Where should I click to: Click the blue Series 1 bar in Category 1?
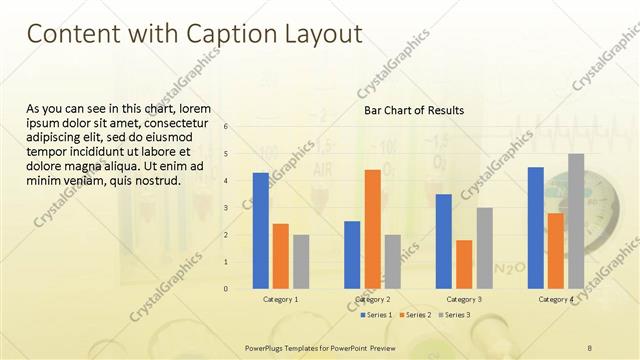[x=260, y=230]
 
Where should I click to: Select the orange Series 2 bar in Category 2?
[x=372, y=229]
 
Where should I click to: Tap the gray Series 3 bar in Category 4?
[x=576, y=221]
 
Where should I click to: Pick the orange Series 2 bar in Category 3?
[x=464, y=264]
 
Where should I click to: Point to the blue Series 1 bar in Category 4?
[x=536, y=227]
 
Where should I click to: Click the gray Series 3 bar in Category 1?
[x=301, y=261]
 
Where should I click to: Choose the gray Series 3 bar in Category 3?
[x=484, y=248]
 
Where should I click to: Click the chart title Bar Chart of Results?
[x=413, y=111]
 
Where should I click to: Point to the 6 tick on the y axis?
[x=226, y=127]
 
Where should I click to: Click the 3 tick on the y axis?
[x=226, y=208]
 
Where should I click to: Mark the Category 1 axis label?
[x=281, y=299]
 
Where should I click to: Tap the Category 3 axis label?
[x=464, y=299]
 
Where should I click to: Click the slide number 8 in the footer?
[x=589, y=347]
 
